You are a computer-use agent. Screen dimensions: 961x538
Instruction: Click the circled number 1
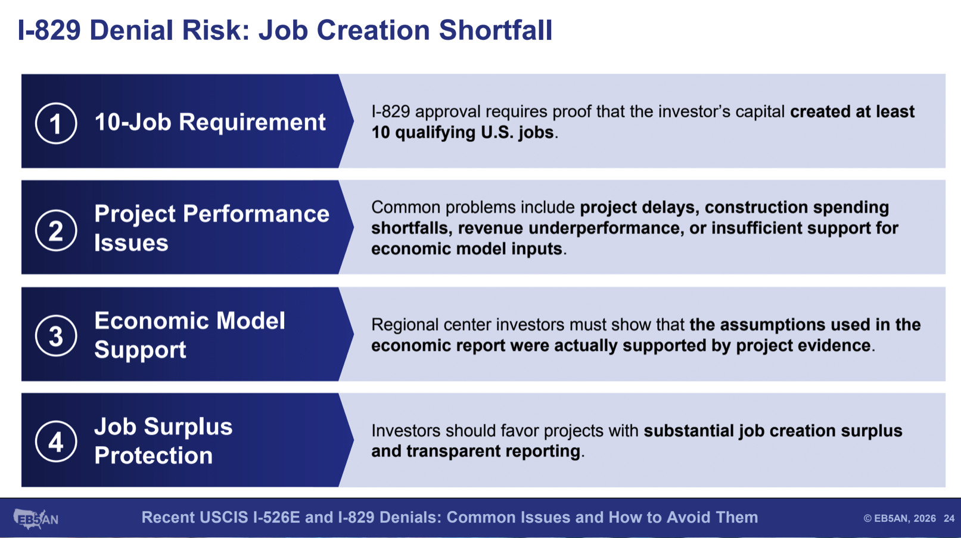pyautogui.click(x=56, y=123)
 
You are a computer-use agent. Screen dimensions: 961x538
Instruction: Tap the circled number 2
pyautogui.click(x=56, y=230)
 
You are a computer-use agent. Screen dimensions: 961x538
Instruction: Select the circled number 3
pyautogui.click(x=56, y=335)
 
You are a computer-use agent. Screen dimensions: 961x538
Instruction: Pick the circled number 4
pyautogui.click(x=56, y=441)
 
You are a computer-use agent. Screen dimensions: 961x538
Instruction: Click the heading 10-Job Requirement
pyautogui.click(x=210, y=122)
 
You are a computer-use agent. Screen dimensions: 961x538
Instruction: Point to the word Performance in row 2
pyautogui.click(x=256, y=214)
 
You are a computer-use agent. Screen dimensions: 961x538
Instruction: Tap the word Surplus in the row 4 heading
pyautogui.click(x=188, y=427)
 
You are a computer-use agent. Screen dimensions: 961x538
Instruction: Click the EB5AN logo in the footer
pyautogui.click(x=36, y=518)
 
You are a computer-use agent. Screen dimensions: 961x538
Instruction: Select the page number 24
pyautogui.click(x=949, y=518)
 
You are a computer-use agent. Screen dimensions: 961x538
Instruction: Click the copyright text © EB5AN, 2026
pyautogui.click(x=900, y=518)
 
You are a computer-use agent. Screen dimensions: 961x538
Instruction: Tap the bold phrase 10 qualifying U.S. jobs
pyautogui.click(x=463, y=132)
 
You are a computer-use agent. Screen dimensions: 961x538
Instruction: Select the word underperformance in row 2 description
pyautogui.click(x=605, y=228)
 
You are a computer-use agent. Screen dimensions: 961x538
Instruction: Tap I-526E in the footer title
pyautogui.click(x=276, y=517)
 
